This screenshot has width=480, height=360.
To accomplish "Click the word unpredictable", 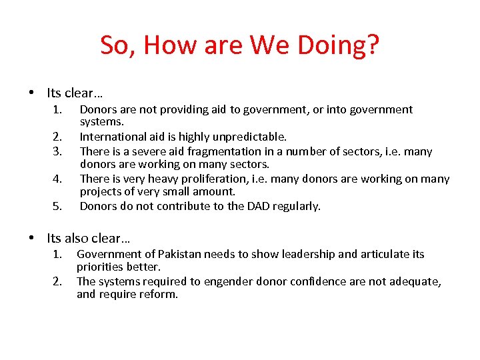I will pos(250,137).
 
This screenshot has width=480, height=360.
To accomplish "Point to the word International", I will pos(111,137).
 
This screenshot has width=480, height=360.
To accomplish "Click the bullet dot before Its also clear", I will pos(31,238).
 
